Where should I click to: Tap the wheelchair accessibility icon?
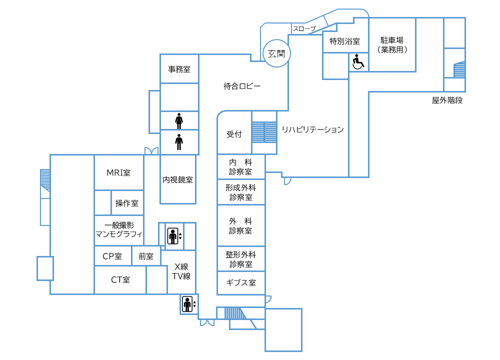pyautogui.click(x=358, y=62)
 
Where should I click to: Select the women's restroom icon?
pyautogui.click(x=179, y=120)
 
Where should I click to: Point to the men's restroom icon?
pyautogui.click(x=179, y=142)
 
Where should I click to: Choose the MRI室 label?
pyautogui.click(x=118, y=173)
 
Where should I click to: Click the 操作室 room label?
pyautogui.click(x=127, y=203)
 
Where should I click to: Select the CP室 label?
pyautogui.click(x=112, y=256)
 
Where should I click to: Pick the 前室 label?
pyautogui.click(x=146, y=256)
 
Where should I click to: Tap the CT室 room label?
pyautogui.click(x=120, y=280)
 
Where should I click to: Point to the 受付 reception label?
pyautogui.click(x=234, y=134)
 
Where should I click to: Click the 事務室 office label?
pyautogui.click(x=179, y=69)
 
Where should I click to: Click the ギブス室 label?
pyautogui.click(x=241, y=283)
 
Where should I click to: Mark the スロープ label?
pyautogui.click(x=304, y=29)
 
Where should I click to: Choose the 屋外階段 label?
pyautogui.click(x=447, y=100)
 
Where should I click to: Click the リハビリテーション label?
pyautogui.click(x=312, y=130)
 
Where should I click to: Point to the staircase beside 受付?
pyautogui.click(x=264, y=132)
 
